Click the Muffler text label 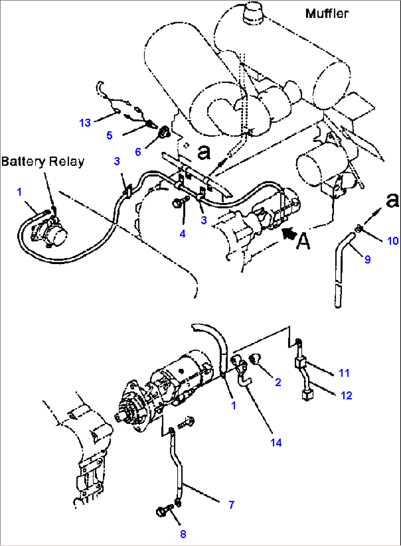click(x=327, y=14)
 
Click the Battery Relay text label click(x=43, y=161)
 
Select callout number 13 click(x=85, y=123)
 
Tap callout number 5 click(x=109, y=135)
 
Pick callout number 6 click(x=138, y=152)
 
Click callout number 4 click(x=182, y=233)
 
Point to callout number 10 click(x=393, y=241)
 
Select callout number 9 click(x=368, y=260)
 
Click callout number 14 click(x=276, y=443)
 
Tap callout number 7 click(x=231, y=505)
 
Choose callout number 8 click(x=183, y=534)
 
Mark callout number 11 click(x=344, y=373)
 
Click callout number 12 click(x=346, y=396)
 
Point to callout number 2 click(x=278, y=382)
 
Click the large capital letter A click(x=304, y=242)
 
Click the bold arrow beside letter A click(x=289, y=233)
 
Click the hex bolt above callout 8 click(x=164, y=511)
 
